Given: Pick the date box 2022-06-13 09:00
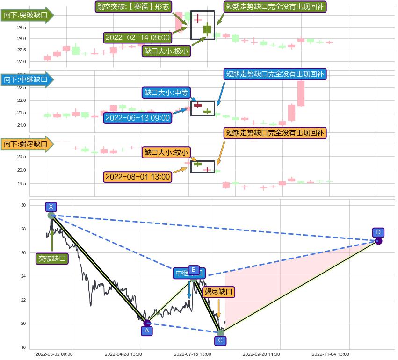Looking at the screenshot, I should tap(137, 118).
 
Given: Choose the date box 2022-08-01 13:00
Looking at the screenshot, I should tap(137, 177).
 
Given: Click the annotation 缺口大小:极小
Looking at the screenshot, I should tap(166, 50).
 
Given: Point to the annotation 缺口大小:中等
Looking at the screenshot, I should tap(166, 93).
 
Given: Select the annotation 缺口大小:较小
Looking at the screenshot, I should tap(166, 152).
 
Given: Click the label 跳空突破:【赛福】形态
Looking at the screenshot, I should tap(133, 7).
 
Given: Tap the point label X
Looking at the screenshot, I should tap(51, 207).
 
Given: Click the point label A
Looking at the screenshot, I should tap(147, 331).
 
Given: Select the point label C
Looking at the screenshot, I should tap(220, 340).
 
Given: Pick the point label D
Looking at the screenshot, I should tap(378, 232).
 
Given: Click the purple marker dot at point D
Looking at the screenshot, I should tap(378, 241).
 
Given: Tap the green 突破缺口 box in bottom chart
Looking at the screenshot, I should tap(52, 259).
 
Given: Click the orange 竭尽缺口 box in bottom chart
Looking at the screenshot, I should tap(219, 292).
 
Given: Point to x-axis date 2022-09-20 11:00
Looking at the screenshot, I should tap(262, 354).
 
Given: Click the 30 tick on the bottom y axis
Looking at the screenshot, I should tap(23, 205).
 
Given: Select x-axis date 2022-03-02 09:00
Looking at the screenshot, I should tap(54, 354).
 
